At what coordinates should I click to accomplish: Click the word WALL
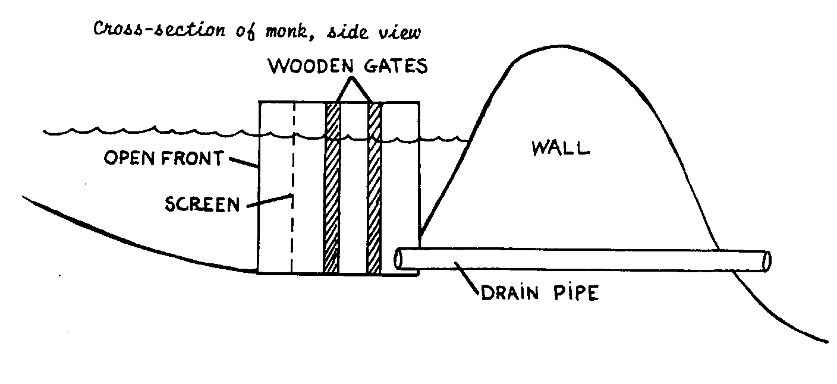560,147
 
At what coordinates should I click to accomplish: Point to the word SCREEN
202,204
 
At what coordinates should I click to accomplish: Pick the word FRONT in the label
191,159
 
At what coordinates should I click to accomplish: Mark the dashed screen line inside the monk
292,178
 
